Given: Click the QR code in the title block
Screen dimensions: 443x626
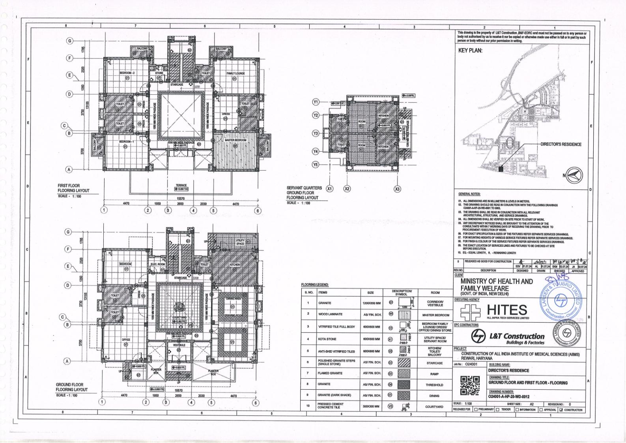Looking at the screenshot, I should click(x=470, y=385).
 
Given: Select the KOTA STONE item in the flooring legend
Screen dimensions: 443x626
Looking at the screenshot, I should click(x=327, y=339).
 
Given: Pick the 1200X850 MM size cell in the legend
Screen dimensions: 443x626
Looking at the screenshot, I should click(x=370, y=303).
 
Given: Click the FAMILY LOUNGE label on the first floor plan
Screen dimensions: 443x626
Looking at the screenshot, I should click(x=235, y=73).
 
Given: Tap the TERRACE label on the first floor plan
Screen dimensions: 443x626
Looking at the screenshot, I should click(x=181, y=185).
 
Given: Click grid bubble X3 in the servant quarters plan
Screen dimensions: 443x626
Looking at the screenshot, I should click(x=397, y=189).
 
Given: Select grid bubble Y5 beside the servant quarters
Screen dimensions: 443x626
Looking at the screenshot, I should click(x=316, y=165).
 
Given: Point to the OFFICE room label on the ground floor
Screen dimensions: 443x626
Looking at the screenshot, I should click(x=126, y=340).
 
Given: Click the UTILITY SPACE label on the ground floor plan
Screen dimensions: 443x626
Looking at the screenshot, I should click(x=240, y=242).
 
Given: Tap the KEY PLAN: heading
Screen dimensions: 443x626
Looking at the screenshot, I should click(x=470, y=51).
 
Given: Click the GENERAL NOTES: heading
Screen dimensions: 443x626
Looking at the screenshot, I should click(x=469, y=194).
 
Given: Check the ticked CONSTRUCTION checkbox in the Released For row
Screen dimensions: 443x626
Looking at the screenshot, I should click(x=561, y=410).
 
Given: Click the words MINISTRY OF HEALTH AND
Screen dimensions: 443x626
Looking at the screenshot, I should click(x=496, y=282).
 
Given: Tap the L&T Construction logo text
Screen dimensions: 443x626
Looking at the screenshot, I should click(x=516, y=336).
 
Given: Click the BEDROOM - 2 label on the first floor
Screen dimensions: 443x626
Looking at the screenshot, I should click(x=127, y=73).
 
